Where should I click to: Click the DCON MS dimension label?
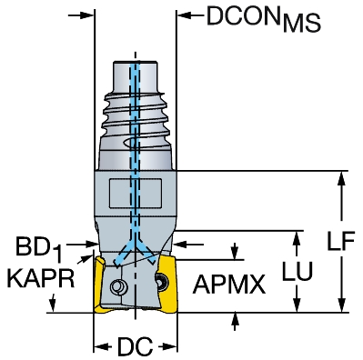coord(263,18)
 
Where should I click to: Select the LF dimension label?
coord(341,242)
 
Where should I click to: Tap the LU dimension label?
coord(297,271)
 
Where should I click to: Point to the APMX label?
coord(229,285)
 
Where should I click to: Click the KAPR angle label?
coord(41,278)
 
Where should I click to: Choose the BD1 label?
coord(38,249)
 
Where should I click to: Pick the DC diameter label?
coord(136,346)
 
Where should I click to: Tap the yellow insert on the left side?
coord(99,285)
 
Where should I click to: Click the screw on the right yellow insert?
coord(160,280)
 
